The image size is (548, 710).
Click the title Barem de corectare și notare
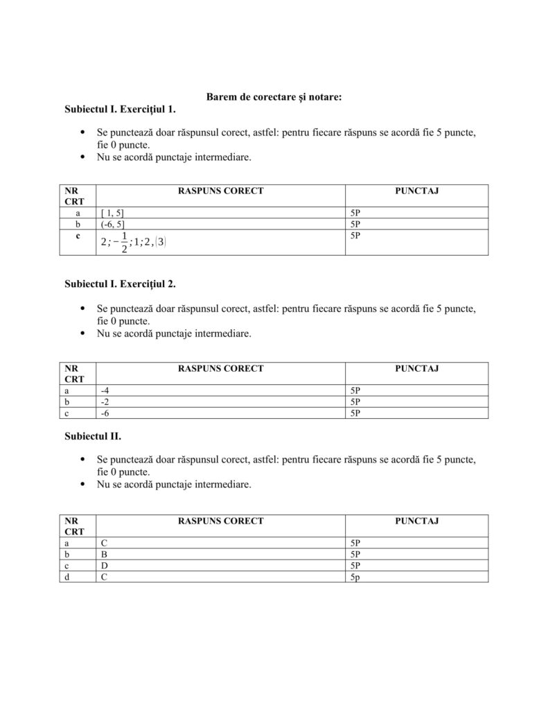(x=274, y=98)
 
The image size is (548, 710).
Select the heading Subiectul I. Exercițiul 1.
(x=120, y=110)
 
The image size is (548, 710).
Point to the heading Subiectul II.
(x=93, y=437)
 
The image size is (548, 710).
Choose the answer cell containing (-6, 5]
(x=112, y=225)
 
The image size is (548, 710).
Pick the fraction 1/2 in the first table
(x=124, y=242)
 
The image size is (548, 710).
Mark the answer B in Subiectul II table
(x=104, y=555)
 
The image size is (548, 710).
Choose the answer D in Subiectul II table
(x=104, y=566)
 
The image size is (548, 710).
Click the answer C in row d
(x=104, y=577)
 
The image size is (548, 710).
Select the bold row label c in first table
(x=78, y=236)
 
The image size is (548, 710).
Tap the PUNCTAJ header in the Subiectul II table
(x=416, y=521)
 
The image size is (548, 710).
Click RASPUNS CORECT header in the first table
(x=220, y=191)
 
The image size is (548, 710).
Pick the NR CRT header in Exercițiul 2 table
(x=74, y=374)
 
